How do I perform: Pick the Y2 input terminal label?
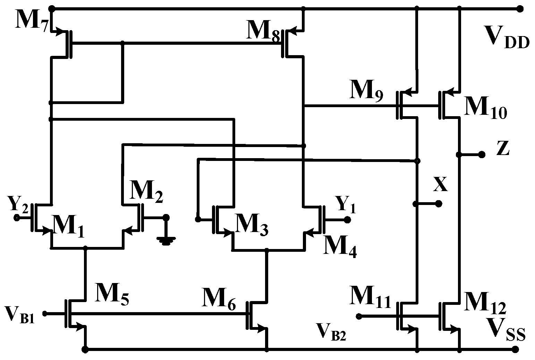coord(17,204)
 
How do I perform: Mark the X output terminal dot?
coord(439,204)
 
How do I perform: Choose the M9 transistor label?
coord(366,91)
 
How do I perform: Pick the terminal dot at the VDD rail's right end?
coord(519,9)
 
